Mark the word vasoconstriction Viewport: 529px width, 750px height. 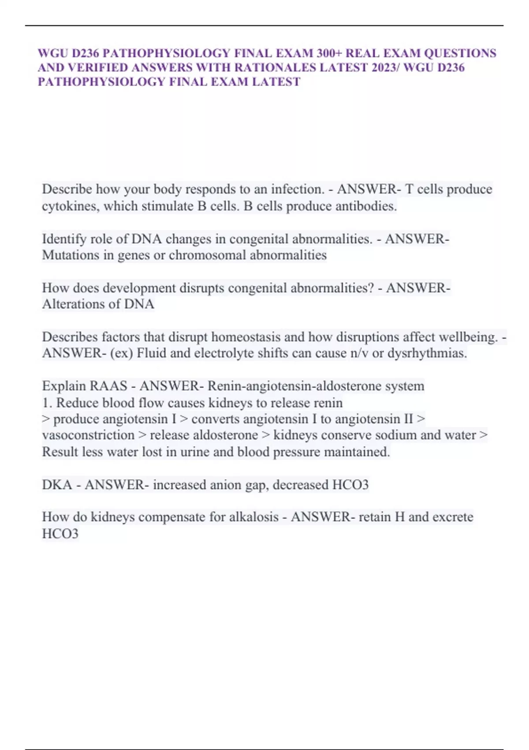[88, 435]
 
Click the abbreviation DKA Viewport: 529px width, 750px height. [57, 485]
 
